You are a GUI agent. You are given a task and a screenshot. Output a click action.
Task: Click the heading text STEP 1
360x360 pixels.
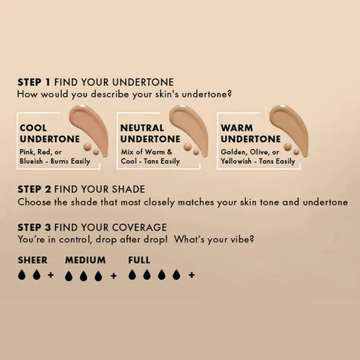pyautogui.click(x=34, y=82)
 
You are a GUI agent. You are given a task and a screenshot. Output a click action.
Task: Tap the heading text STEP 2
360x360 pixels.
pyautogui.click(x=34, y=189)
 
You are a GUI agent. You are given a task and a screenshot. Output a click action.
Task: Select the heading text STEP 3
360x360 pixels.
pyautogui.click(x=34, y=227)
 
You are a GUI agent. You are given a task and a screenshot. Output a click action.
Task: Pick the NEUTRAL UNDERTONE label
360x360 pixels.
pyautogui.click(x=150, y=133)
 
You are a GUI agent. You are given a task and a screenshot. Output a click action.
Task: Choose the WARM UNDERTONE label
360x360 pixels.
pyautogui.click(x=250, y=133)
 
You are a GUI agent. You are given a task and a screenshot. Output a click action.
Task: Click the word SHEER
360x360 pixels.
pyautogui.click(x=32, y=260)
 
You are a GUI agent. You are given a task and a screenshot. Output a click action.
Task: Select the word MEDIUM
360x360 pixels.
pyautogui.click(x=85, y=260)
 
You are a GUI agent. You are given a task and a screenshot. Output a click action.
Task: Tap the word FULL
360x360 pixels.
pyautogui.click(x=139, y=260)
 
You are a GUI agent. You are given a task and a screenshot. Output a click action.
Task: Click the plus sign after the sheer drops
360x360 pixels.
pyautogui.click(x=50, y=275)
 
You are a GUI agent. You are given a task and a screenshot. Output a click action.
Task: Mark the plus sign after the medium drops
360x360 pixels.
pyautogui.click(x=113, y=275)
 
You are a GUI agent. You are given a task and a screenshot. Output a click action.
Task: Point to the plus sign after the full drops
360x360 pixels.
pyautogui.click(x=191, y=275)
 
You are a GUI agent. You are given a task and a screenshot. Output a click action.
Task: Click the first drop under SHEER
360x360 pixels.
pyautogui.click(x=21, y=275)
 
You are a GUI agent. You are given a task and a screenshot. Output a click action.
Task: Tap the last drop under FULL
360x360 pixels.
pyautogui.click(x=176, y=275)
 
